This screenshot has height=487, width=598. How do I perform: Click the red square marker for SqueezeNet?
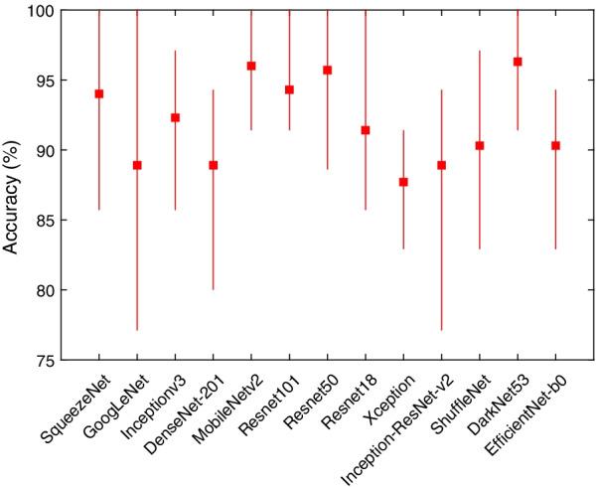[x=99, y=93]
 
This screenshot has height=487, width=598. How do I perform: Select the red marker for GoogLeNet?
[x=137, y=165]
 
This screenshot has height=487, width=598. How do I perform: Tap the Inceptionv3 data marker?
[x=175, y=117]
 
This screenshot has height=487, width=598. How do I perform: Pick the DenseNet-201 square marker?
[x=213, y=165]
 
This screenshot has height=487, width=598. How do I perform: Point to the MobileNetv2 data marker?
[x=251, y=66]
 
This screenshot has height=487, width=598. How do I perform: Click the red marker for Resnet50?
[x=327, y=70]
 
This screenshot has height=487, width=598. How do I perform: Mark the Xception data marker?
[x=403, y=182]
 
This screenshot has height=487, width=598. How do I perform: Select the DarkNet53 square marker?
[x=518, y=62]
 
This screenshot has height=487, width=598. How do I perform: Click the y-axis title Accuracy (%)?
[x=14, y=186]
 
